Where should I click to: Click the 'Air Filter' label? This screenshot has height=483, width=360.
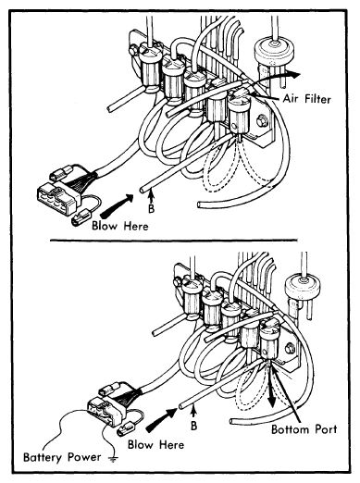coord(306,99)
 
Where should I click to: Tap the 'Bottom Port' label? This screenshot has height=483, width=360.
coord(304,429)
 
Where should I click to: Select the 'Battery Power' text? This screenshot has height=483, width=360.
coord(62,457)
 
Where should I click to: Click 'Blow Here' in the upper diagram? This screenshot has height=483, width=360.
coord(120,226)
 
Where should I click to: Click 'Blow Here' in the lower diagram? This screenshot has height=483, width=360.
coord(155,445)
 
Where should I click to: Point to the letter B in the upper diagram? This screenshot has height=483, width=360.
coord(151,209)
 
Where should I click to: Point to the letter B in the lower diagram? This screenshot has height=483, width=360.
coord(193,426)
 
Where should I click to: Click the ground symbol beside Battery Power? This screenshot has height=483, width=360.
coord(113,459)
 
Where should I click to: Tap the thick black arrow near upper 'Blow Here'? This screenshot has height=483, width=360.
coord(117,206)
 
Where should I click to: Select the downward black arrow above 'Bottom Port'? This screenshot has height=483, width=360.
coord(272,390)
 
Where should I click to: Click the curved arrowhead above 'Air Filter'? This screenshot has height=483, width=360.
coord(292,74)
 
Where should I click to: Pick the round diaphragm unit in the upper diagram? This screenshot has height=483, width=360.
coord(274,52)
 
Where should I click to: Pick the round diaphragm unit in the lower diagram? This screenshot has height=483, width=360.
coord(303,286)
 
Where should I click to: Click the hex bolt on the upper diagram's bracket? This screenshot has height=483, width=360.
coord(262,120)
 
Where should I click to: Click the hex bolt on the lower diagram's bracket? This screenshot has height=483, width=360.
coord(290,349)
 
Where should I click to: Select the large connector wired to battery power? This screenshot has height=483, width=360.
coord(106,411)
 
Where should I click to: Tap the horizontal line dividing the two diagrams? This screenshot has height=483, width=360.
coord(174,240)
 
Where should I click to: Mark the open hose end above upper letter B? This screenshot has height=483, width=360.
coord(142,191)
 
